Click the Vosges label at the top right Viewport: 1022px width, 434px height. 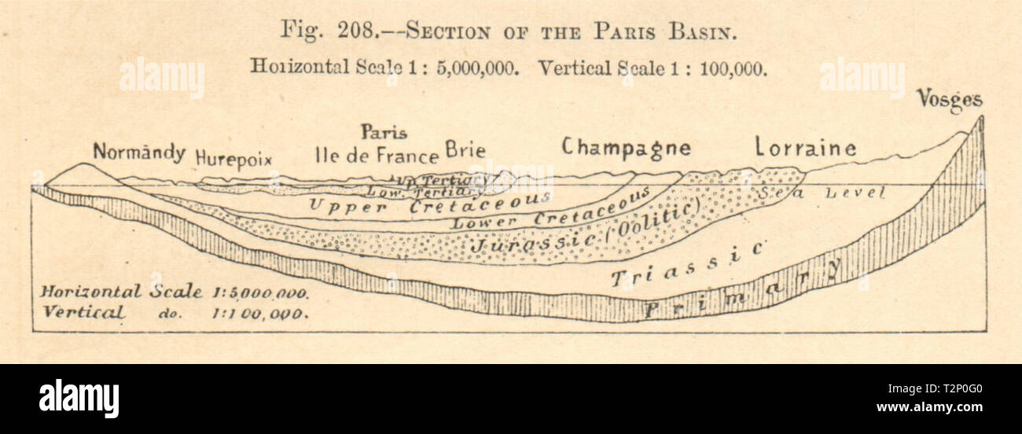pyautogui.click(x=949, y=100)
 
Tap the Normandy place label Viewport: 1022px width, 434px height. pyautogui.click(x=139, y=152)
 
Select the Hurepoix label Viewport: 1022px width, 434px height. pyautogui.click(x=233, y=157)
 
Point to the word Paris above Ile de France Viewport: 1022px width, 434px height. pyautogui.click(x=384, y=131)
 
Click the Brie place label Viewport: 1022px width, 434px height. pyautogui.click(x=465, y=149)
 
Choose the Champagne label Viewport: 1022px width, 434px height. pyautogui.click(x=626, y=147)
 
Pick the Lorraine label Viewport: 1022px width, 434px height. pyautogui.click(x=805, y=147)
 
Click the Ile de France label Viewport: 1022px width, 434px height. pyautogui.click(x=376, y=155)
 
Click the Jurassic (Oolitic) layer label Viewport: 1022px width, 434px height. pyautogui.click(x=586, y=233)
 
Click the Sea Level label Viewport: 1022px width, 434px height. pyautogui.click(x=822, y=193)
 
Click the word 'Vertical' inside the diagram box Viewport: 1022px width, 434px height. pyautogui.click(x=83, y=311)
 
